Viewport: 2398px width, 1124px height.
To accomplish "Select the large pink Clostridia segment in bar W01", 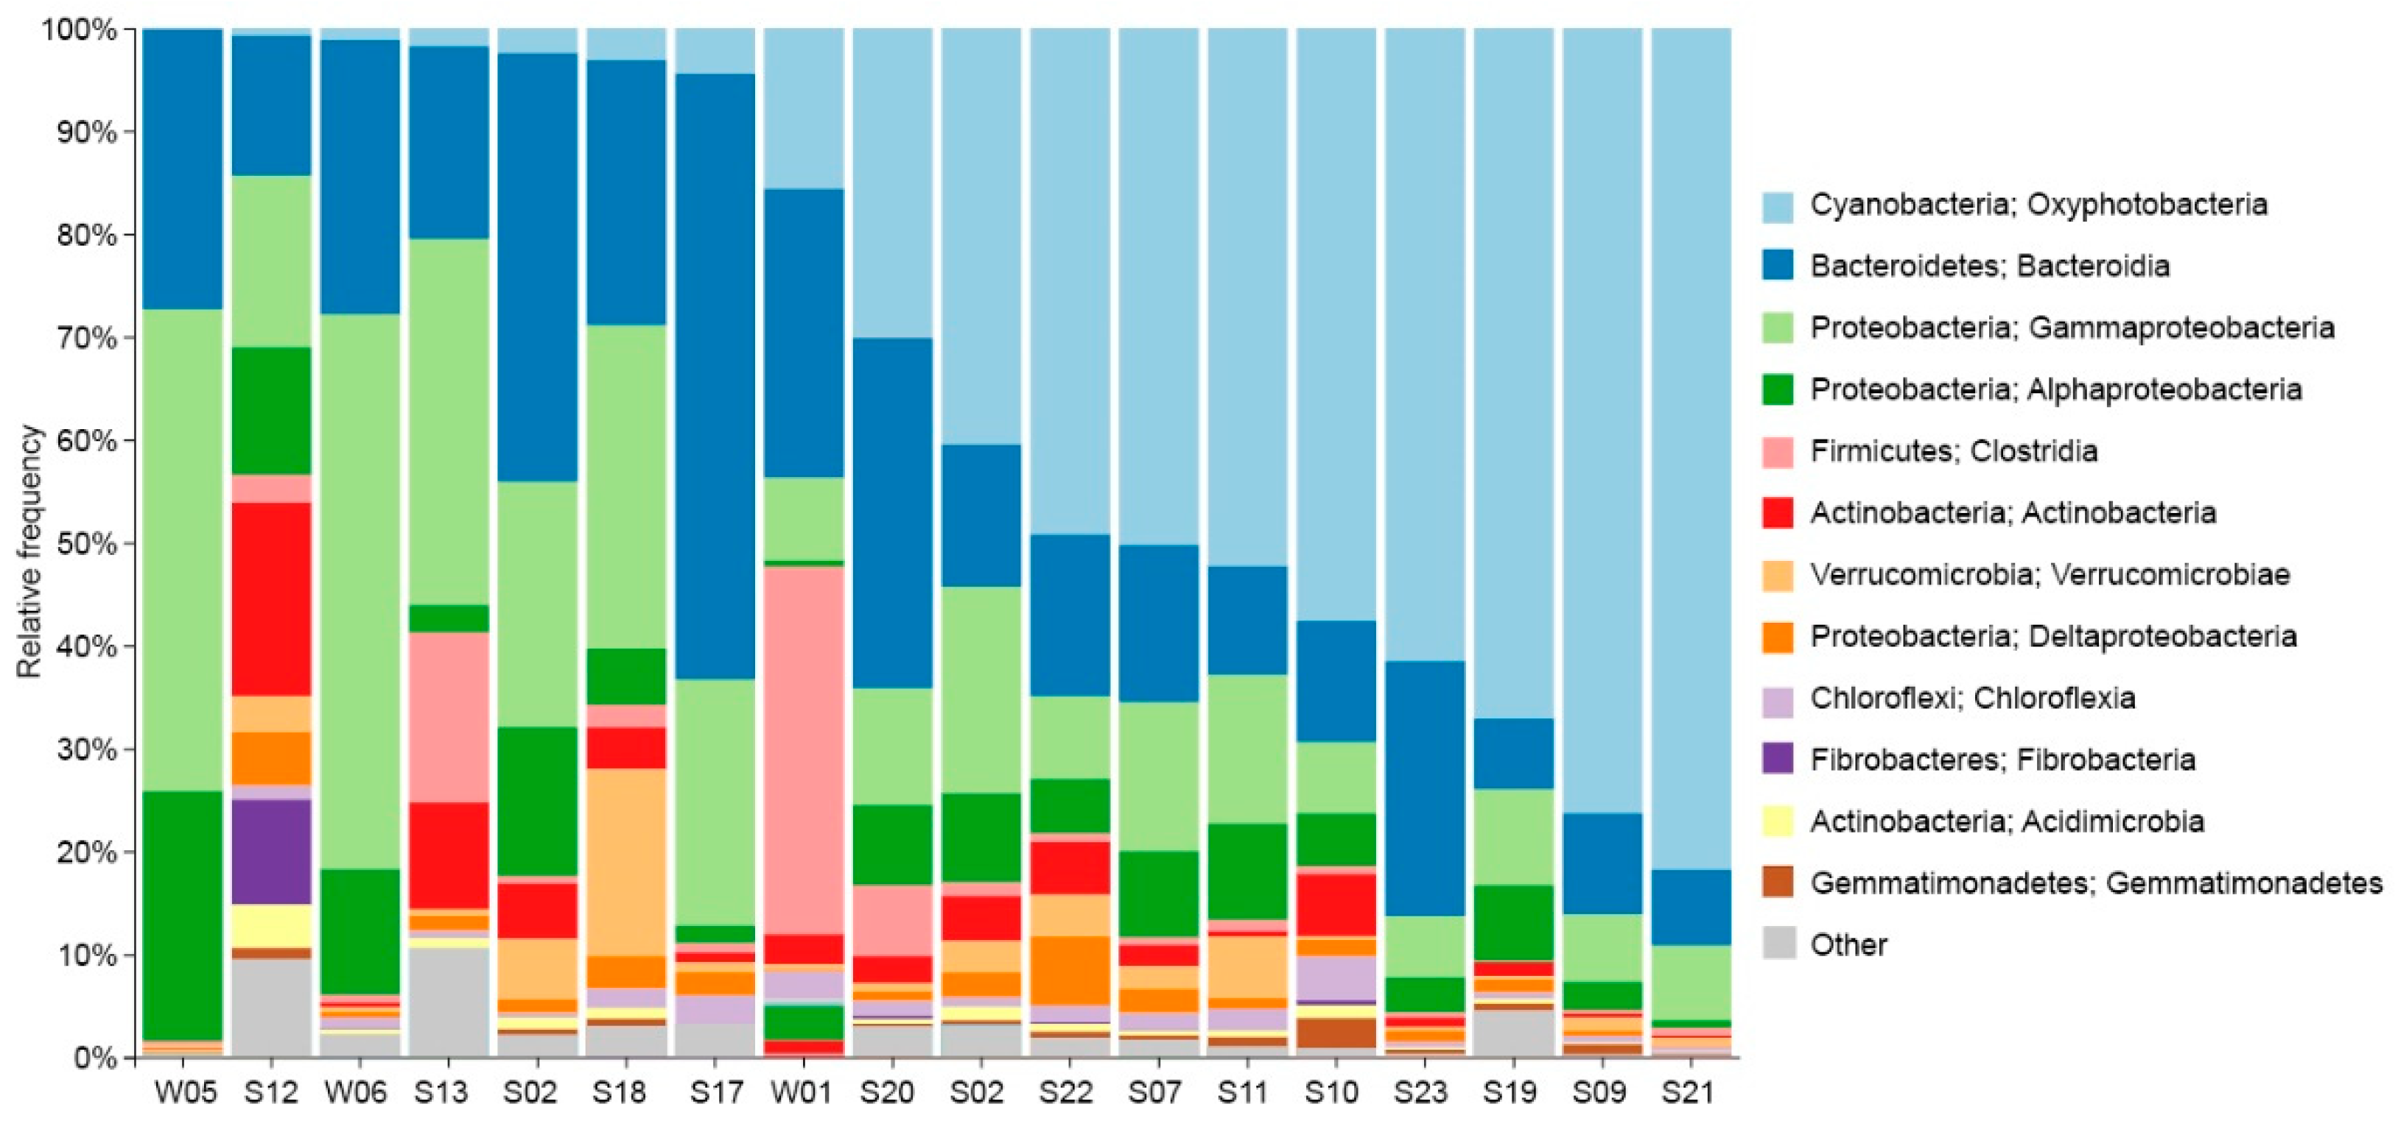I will click(x=803, y=750).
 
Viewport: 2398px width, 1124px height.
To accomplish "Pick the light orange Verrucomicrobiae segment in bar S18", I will click(x=626, y=860).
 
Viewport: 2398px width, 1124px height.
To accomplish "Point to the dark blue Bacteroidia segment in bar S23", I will click(x=1424, y=787).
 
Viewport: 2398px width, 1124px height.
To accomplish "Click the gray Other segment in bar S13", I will click(x=449, y=1001).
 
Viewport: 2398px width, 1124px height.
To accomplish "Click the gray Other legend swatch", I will click(x=1777, y=944).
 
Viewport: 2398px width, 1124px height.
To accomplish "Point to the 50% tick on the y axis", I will click(x=128, y=543).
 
